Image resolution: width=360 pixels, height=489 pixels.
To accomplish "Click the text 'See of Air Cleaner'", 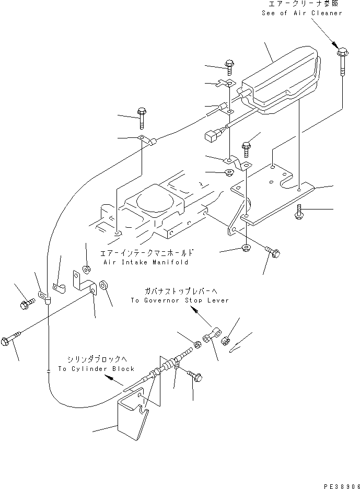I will click(x=302, y=13).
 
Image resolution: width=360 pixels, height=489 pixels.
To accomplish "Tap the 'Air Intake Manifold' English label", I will click(x=144, y=262).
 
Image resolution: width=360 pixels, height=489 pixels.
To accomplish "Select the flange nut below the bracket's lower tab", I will click(x=247, y=247).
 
